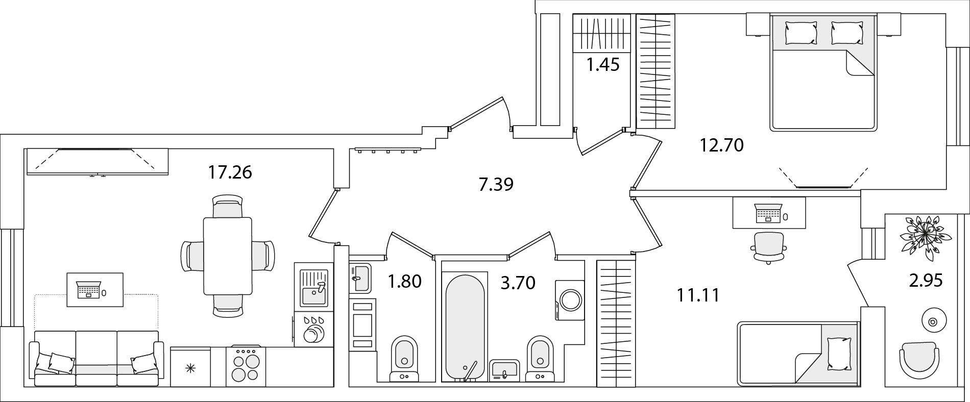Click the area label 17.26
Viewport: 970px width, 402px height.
pos(230,172)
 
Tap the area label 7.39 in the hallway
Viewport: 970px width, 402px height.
pos(496,184)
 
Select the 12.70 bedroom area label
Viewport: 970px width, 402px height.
pos(721,146)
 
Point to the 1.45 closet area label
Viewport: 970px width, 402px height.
pos(603,65)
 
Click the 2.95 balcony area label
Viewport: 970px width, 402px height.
pos(925,280)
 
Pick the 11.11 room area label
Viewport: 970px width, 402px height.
pos(698,295)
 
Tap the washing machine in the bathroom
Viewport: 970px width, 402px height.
pos(569,300)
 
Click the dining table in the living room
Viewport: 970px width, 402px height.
pos(228,256)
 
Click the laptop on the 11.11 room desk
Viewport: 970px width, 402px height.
pos(768,213)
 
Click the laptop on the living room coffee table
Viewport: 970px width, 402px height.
pos(88,289)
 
